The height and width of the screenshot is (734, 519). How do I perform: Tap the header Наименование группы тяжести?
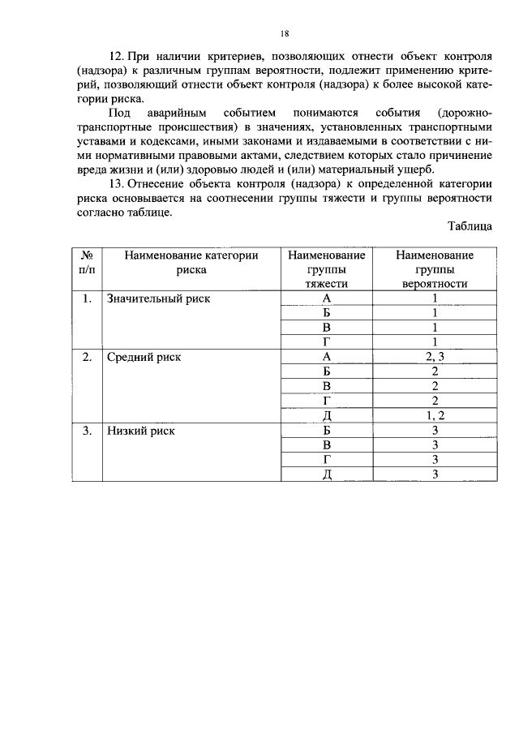coord(326,269)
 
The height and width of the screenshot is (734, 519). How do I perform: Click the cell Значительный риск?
coord(158,298)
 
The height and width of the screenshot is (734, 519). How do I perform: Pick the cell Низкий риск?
coord(141,431)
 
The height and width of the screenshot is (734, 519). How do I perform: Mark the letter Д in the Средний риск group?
coord(326,415)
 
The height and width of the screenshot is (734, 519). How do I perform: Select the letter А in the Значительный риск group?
coord(326,298)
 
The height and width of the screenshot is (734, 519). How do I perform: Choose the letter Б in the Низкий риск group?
coord(326,431)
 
